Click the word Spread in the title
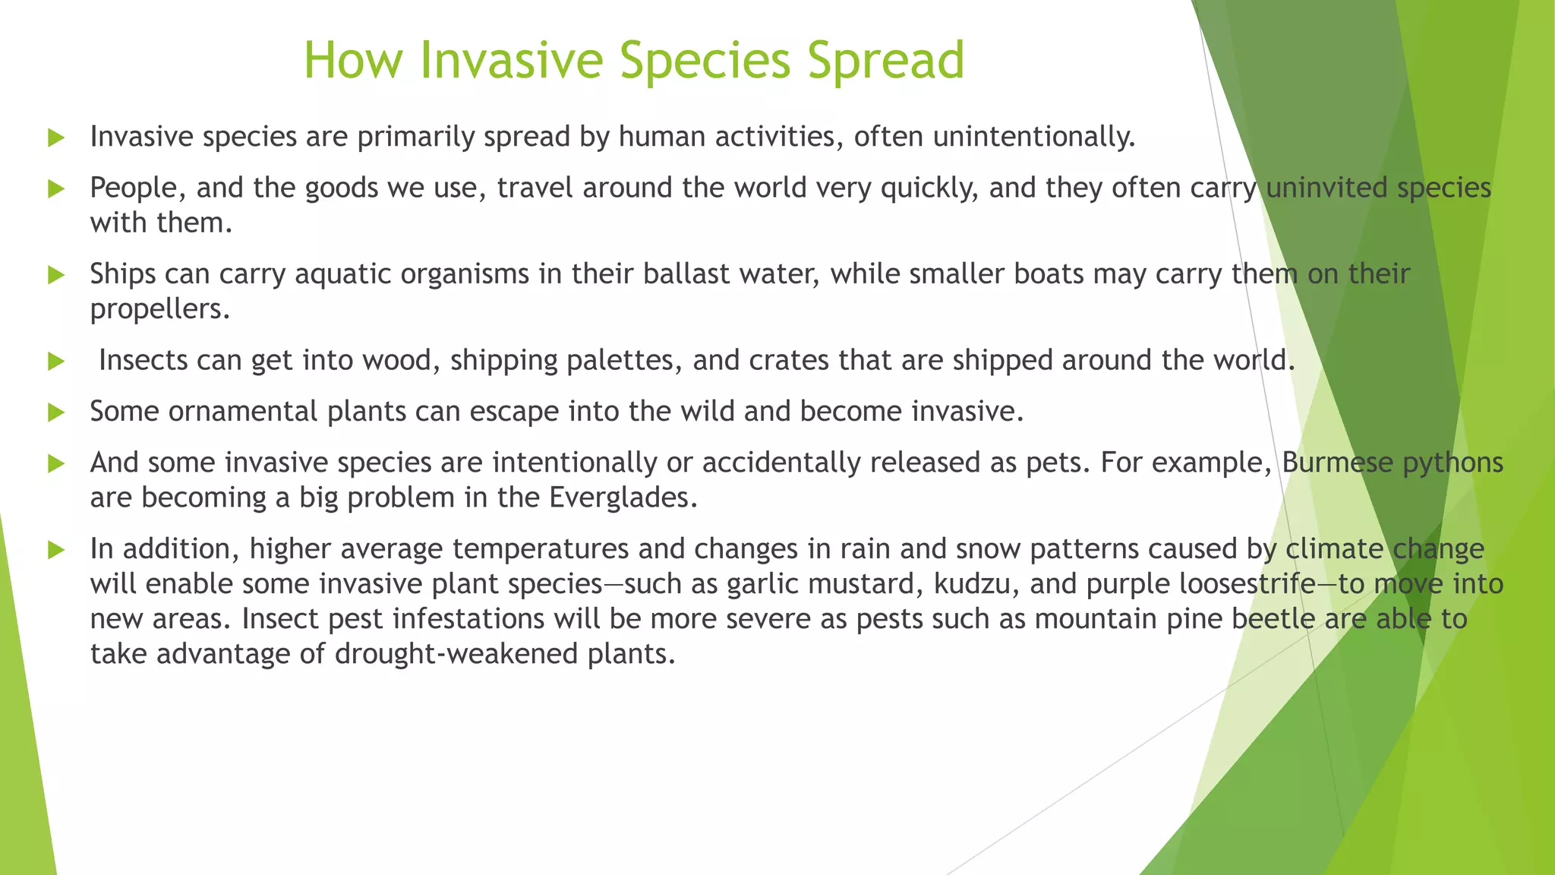885,60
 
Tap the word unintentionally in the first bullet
1033,137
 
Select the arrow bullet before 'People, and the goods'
56,189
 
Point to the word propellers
159,309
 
